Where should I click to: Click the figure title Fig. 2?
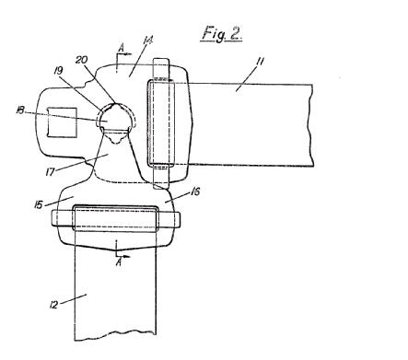(x=222, y=33)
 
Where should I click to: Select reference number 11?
(x=260, y=62)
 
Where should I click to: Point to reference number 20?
(x=81, y=60)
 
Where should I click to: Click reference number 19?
(x=58, y=71)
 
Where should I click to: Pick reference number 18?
(x=20, y=110)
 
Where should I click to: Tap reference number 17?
(x=50, y=172)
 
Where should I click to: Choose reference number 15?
(x=39, y=205)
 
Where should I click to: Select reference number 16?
(x=195, y=192)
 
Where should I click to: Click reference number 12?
(x=53, y=305)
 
